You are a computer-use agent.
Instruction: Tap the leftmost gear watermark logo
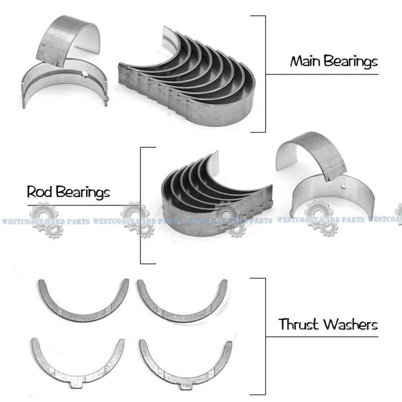[x=45, y=220]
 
